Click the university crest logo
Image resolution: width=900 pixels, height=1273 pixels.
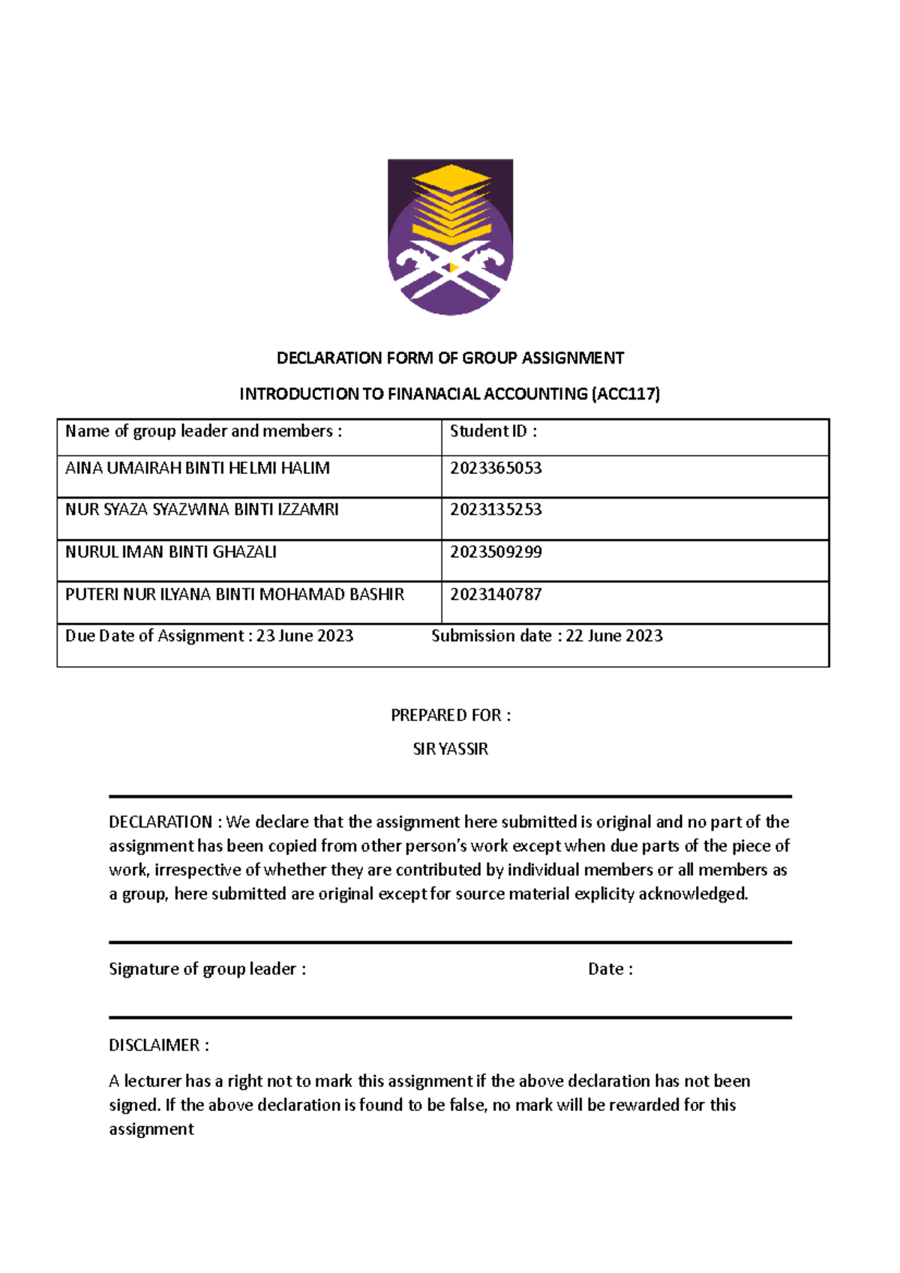click(x=450, y=236)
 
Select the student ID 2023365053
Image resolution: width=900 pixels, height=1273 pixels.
click(x=496, y=469)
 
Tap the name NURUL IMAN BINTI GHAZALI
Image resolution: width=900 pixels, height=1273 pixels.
click(x=171, y=553)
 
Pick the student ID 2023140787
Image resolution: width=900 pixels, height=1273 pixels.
click(x=496, y=595)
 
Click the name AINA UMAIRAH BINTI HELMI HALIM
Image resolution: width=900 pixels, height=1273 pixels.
click(x=197, y=469)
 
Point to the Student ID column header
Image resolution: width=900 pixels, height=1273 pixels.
click(x=493, y=431)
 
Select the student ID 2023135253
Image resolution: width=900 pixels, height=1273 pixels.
click(x=496, y=510)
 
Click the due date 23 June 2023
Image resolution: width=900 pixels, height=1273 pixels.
click(x=304, y=636)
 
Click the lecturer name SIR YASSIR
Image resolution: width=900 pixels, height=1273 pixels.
click(x=450, y=749)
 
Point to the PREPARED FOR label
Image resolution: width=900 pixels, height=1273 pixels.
click(x=450, y=715)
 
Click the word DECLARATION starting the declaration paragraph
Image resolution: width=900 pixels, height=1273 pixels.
click(x=160, y=822)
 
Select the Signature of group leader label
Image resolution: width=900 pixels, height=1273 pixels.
click(x=207, y=969)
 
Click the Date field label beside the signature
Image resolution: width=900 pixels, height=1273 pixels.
click(x=610, y=969)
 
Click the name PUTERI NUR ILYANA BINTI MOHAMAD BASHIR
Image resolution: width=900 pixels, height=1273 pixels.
click(x=235, y=595)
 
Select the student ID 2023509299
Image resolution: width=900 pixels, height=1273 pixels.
click(x=496, y=553)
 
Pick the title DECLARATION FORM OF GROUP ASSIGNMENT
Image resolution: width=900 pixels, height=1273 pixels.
click(x=450, y=358)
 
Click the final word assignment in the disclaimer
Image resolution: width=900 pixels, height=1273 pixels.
click(x=151, y=1129)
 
